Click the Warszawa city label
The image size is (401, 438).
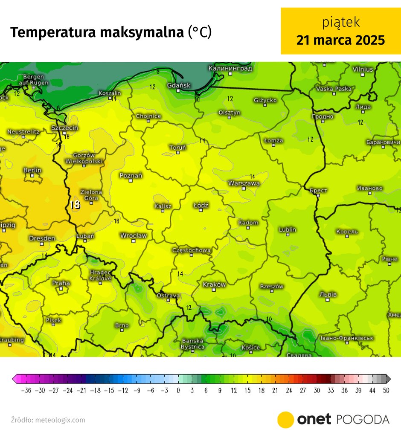(x=244, y=183)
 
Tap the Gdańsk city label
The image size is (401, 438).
(x=179, y=85)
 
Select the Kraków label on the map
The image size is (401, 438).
(x=214, y=284)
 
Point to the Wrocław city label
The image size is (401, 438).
(x=134, y=235)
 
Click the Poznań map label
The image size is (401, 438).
(x=131, y=175)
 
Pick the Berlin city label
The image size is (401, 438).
(x=32, y=170)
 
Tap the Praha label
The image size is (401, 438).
(x=61, y=283)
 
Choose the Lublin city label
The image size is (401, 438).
(x=288, y=229)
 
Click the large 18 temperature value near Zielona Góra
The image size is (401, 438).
(x=75, y=205)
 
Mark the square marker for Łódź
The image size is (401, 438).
(x=200, y=210)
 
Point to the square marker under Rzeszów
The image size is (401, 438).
(x=272, y=292)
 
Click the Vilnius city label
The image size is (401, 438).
(x=363, y=69)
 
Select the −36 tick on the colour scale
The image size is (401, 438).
(x=26, y=390)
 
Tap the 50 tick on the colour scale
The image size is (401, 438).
(x=386, y=390)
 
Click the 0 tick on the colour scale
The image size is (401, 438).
(x=178, y=390)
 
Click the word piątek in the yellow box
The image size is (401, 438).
(x=341, y=22)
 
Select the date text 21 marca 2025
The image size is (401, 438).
(x=341, y=40)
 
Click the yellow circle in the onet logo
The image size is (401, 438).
(x=285, y=420)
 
